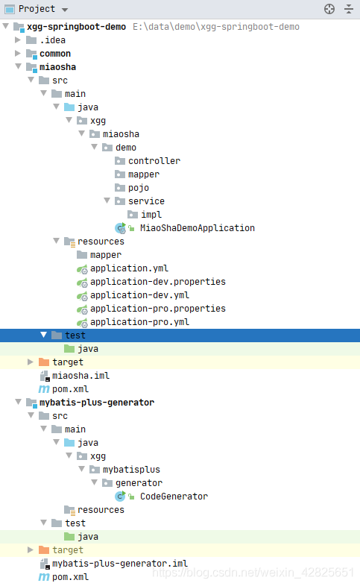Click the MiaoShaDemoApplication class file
(x=198, y=228)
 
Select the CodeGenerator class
(x=174, y=497)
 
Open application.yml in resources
(x=129, y=268)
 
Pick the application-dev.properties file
(x=158, y=282)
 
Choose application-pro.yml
(x=139, y=322)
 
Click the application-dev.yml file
(x=139, y=295)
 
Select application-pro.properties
(x=158, y=309)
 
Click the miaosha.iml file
(x=80, y=376)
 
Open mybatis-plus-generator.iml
(x=120, y=564)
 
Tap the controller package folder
(x=154, y=161)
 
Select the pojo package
(x=139, y=188)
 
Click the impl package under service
(x=151, y=215)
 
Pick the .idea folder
(x=52, y=40)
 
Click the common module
(x=55, y=54)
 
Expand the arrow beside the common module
(x=18, y=54)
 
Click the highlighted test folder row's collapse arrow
(x=43, y=335)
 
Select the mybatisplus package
(x=131, y=470)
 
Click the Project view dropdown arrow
(x=65, y=10)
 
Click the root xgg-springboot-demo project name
(x=76, y=27)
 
